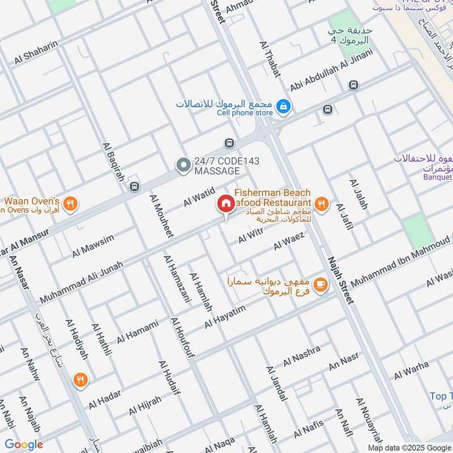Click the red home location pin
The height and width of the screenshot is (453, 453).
click(225, 203)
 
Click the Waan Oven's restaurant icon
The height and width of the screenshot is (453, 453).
click(70, 204)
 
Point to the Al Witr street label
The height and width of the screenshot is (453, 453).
click(251, 236)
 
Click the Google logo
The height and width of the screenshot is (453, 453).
click(24, 445)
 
